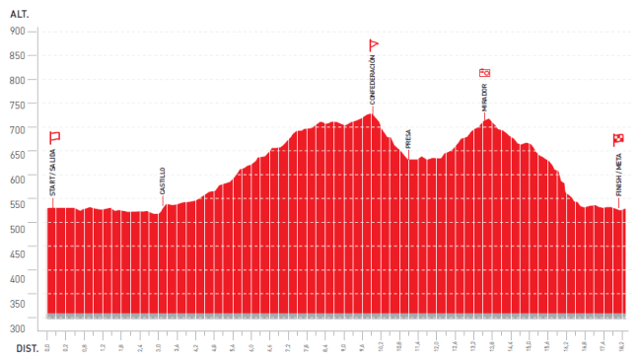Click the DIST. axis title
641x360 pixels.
(x=26, y=348)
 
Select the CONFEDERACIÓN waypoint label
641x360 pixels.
(x=373, y=81)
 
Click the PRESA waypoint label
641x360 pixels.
(x=408, y=138)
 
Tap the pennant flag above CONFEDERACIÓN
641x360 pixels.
(x=374, y=45)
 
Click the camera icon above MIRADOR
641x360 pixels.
(x=484, y=72)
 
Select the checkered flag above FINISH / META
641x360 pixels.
(x=618, y=139)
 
